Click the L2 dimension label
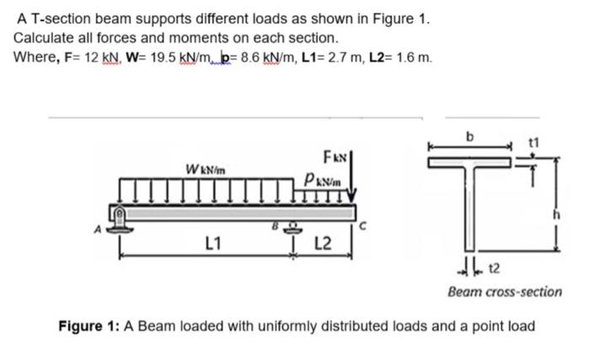322,245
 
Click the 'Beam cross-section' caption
505,292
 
